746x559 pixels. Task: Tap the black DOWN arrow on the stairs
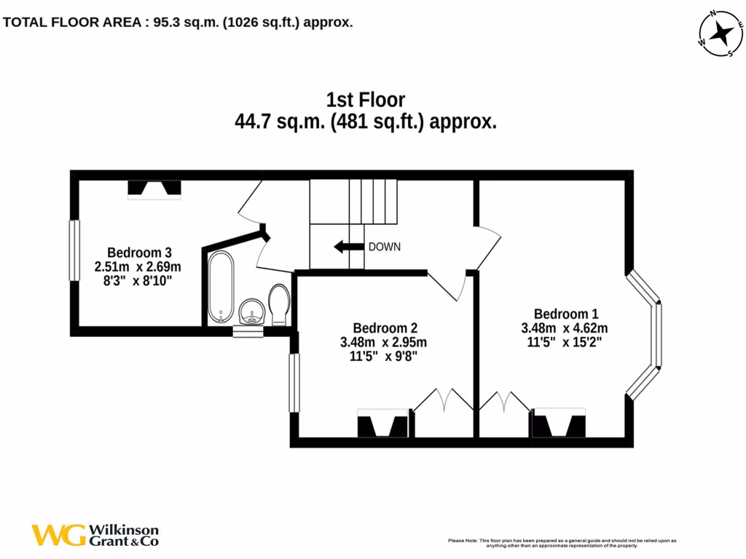point(349,247)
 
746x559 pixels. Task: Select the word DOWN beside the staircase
point(384,247)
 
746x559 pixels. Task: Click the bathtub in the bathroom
point(221,288)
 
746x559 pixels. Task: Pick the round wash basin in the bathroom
point(251,312)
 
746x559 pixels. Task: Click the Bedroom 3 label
point(139,252)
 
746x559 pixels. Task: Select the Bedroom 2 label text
point(385,328)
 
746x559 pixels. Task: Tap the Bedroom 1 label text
point(565,314)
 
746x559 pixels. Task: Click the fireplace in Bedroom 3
point(154,189)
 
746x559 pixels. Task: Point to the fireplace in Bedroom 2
point(383,425)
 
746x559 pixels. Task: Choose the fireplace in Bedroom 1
point(559,425)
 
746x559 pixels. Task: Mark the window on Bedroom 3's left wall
point(74,250)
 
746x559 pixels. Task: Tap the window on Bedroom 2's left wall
point(294,383)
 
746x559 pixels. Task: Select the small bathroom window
point(248,332)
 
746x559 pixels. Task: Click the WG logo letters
point(58,535)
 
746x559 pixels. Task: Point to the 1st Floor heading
point(365,100)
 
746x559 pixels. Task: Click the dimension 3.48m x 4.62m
point(565,328)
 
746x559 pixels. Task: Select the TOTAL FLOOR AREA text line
point(178,23)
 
